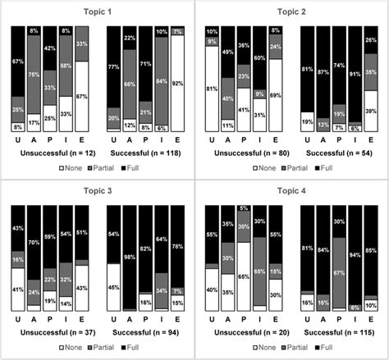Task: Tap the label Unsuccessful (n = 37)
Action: [x=51, y=330]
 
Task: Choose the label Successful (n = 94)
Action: [x=145, y=330]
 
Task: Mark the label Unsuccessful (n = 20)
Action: [x=245, y=330]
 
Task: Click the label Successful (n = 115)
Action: [x=339, y=330]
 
